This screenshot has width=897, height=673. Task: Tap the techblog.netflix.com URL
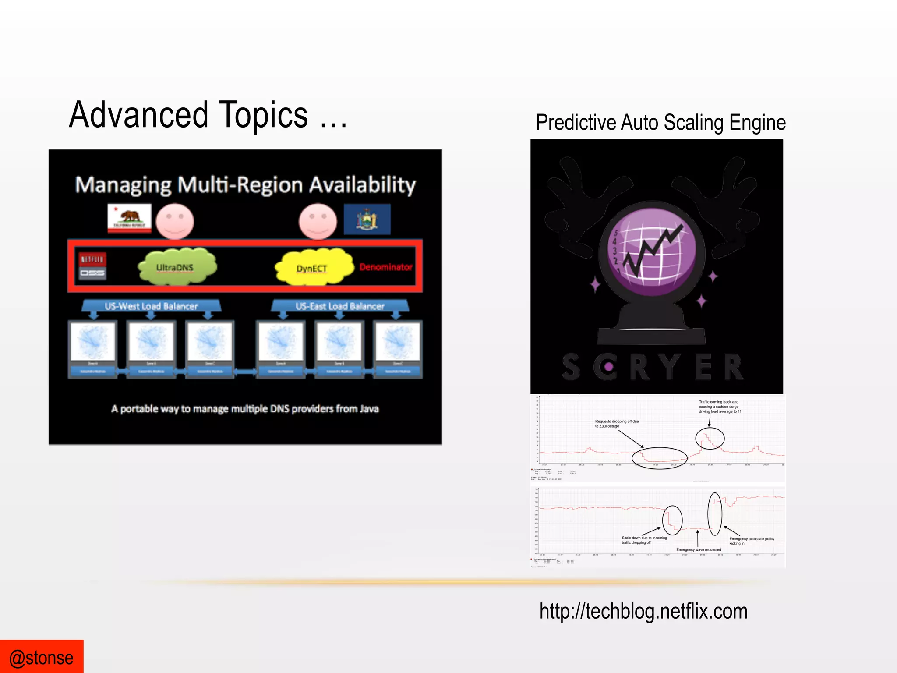click(643, 611)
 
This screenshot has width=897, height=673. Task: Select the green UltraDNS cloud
click(177, 267)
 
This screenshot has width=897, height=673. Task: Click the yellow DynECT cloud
click(313, 267)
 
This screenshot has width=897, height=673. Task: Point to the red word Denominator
click(386, 267)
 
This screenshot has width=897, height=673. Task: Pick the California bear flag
click(130, 218)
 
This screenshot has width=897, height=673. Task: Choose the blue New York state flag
click(367, 219)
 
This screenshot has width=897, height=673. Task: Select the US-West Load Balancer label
click(151, 306)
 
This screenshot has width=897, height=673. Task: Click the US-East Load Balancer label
click(340, 306)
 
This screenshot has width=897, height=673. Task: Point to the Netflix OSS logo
click(92, 266)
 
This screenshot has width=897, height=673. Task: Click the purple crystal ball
click(653, 249)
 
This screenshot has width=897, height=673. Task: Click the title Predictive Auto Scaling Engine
click(660, 123)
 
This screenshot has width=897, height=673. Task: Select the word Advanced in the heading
click(138, 115)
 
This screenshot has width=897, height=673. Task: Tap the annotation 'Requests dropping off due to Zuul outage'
click(616, 424)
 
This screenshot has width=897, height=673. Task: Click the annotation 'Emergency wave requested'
click(698, 549)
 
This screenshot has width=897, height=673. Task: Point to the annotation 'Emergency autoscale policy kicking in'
click(751, 541)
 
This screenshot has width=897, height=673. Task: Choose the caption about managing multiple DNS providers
click(245, 409)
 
